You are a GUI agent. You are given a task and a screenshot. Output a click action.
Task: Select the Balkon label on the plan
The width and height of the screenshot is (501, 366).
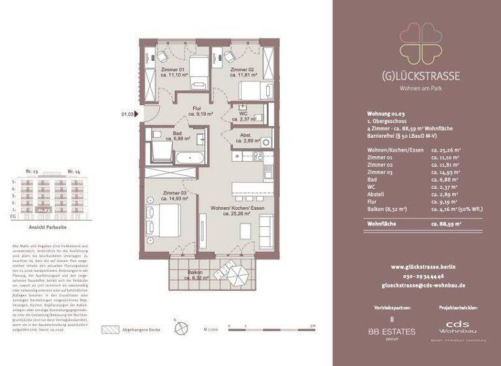point(196,275)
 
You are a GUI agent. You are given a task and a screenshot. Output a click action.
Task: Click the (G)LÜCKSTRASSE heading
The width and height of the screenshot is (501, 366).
point(420,76)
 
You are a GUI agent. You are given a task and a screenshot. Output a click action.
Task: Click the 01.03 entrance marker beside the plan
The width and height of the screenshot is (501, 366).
point(127,114)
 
